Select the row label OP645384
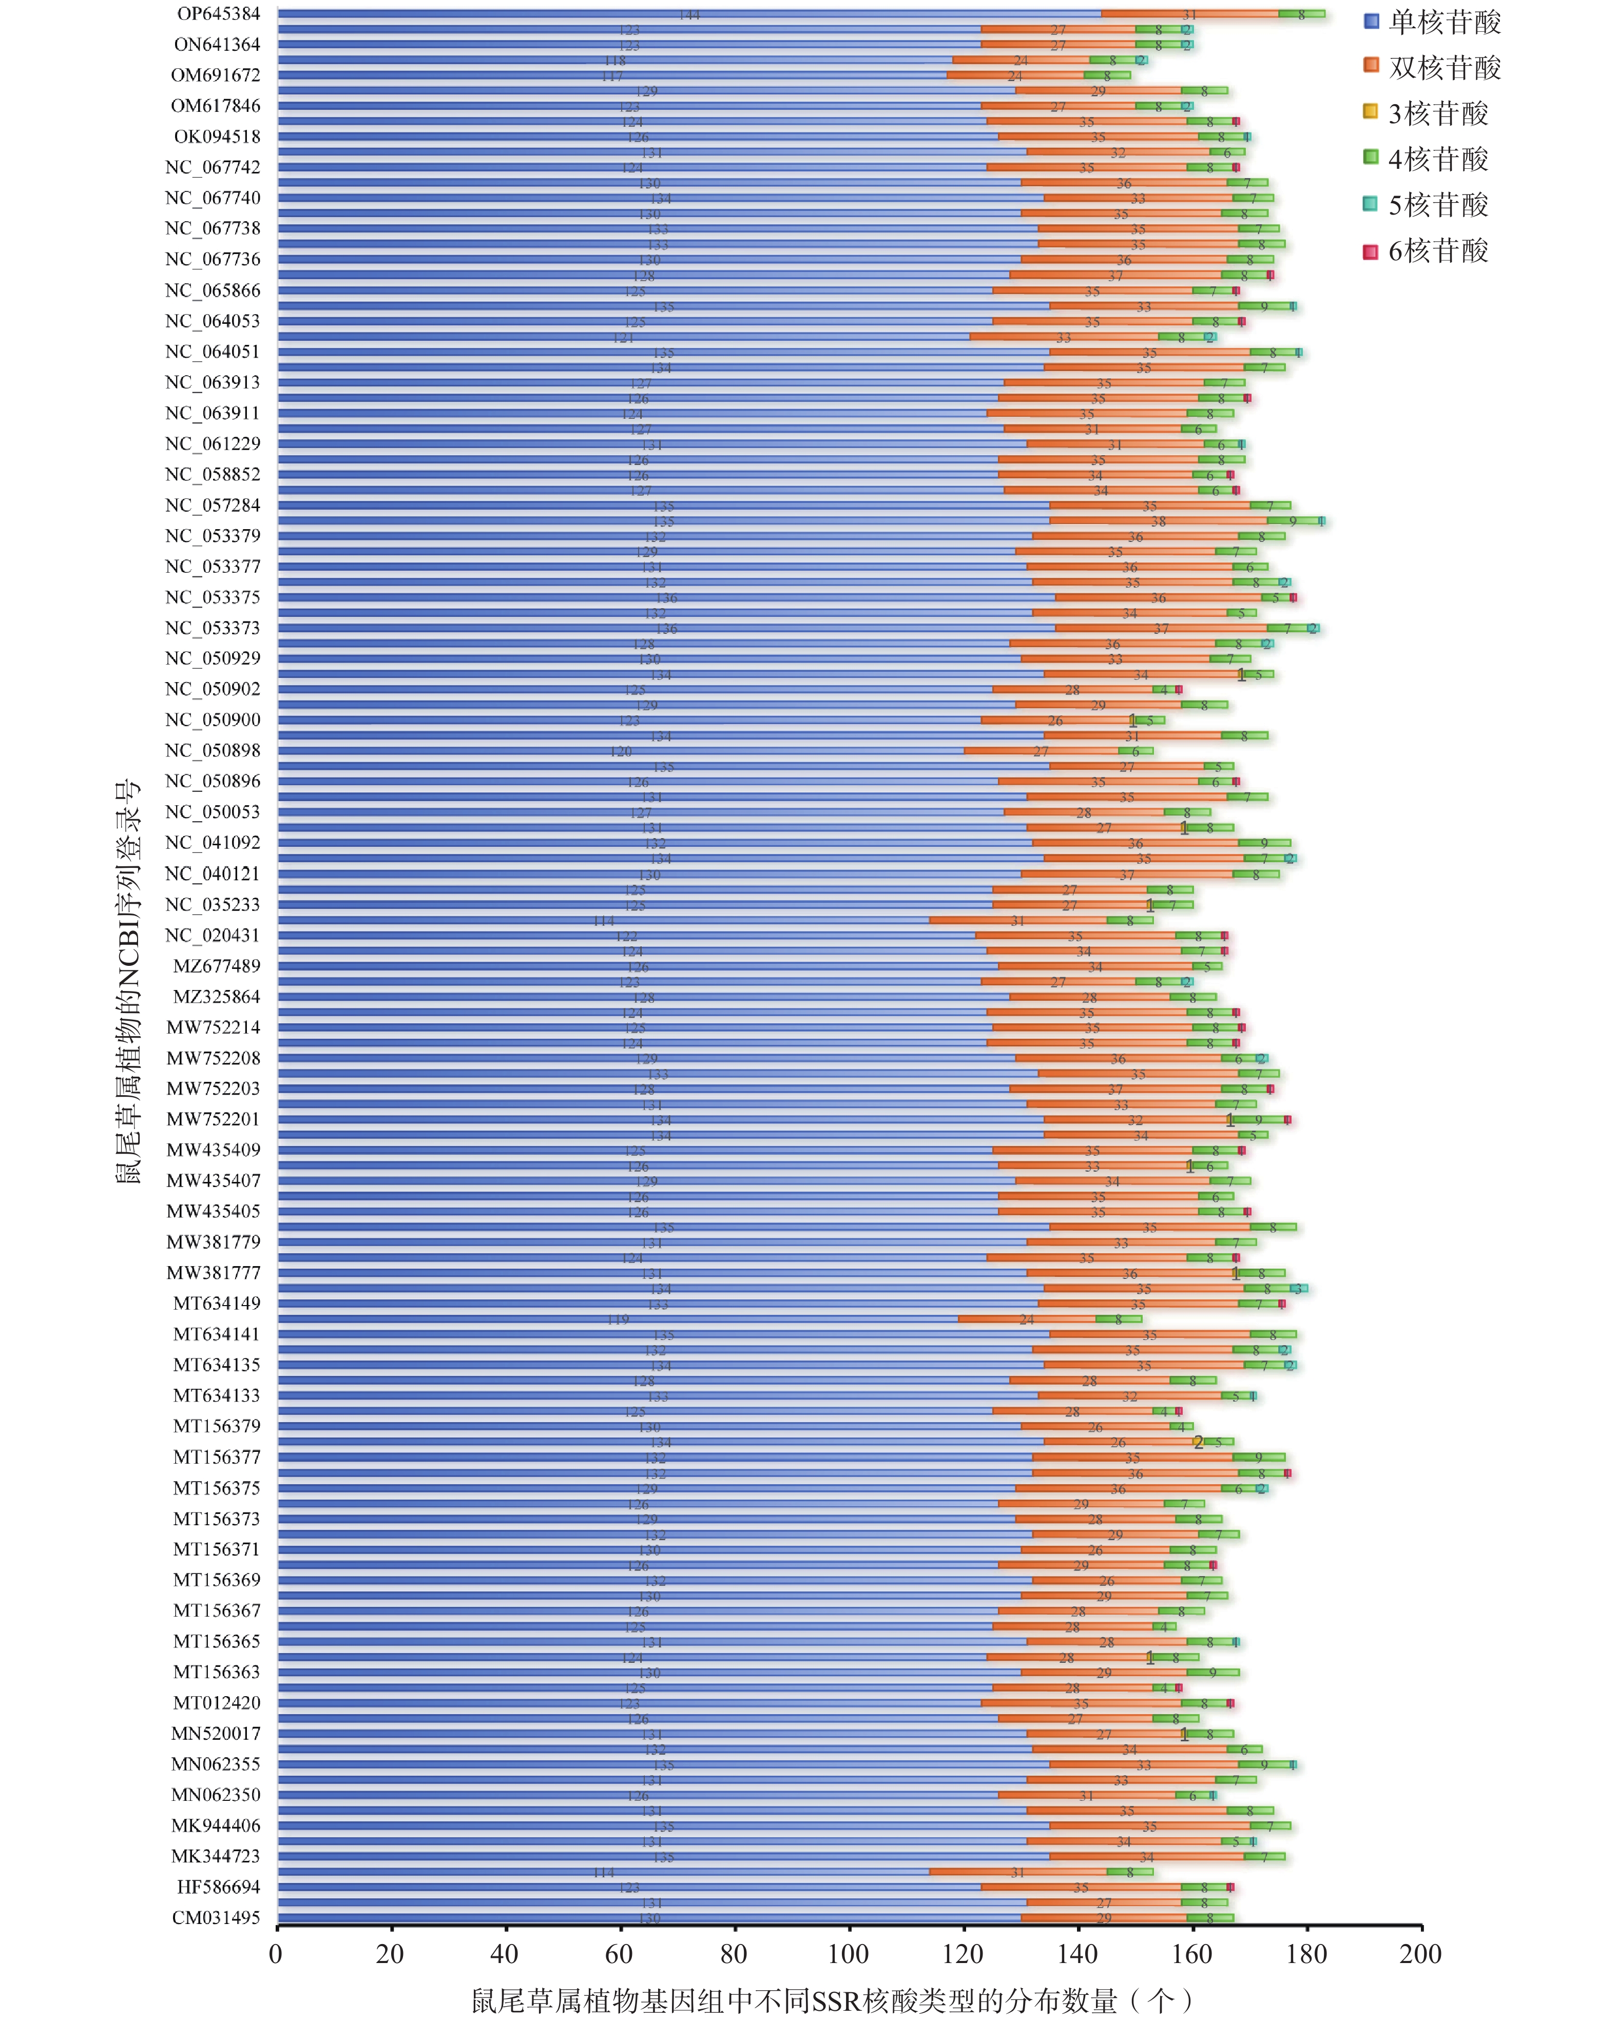pyautogui.click(x=218, y=14)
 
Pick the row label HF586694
pyautogui.click(x=218, y=1887)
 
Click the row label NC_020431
pyautogui.click(x=212, y=935)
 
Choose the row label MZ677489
pyautogui.click(x=217, y=966)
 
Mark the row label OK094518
pyautogui.click(x=217, y=137)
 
